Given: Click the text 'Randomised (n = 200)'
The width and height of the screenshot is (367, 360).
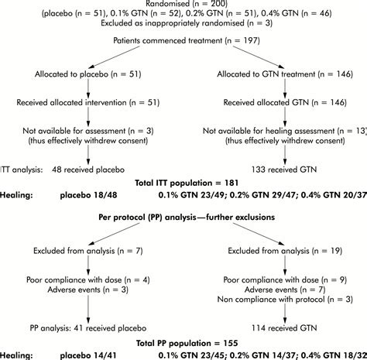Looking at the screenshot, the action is pyautogui.click(x=183, y=5).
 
